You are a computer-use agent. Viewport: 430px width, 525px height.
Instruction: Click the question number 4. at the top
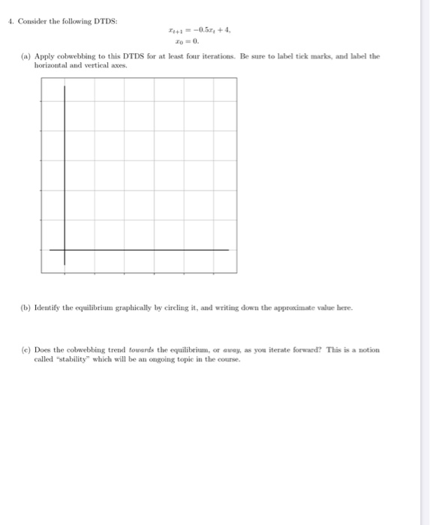10,20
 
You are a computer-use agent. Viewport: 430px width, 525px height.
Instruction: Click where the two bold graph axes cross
65,250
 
